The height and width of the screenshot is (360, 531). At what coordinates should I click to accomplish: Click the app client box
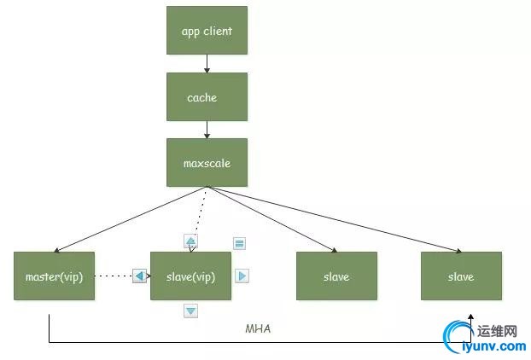(207, 32)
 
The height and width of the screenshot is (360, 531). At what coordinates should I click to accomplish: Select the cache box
(207, 97)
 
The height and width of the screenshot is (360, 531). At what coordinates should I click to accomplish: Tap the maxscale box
(207, 162)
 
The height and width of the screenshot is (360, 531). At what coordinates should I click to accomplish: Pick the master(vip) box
(54, 276)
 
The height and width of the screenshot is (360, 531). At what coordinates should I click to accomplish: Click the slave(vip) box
(190, 276)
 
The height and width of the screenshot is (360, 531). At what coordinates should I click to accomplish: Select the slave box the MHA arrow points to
(461, 276)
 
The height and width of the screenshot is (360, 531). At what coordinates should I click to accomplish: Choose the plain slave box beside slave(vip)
(336, 276)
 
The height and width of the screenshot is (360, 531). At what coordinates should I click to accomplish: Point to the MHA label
(258, 328)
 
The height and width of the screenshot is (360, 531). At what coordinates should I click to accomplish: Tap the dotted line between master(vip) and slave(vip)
(113, 276)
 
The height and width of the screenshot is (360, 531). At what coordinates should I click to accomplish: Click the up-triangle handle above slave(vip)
(190, 241)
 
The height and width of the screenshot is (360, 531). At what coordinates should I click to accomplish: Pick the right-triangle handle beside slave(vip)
(242, 276)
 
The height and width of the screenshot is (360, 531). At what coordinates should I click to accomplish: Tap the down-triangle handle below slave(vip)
(190, 311)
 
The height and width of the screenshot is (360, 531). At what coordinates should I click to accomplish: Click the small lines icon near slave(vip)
(240, 243)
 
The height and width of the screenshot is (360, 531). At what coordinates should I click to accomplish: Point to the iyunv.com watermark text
(493, 346)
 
